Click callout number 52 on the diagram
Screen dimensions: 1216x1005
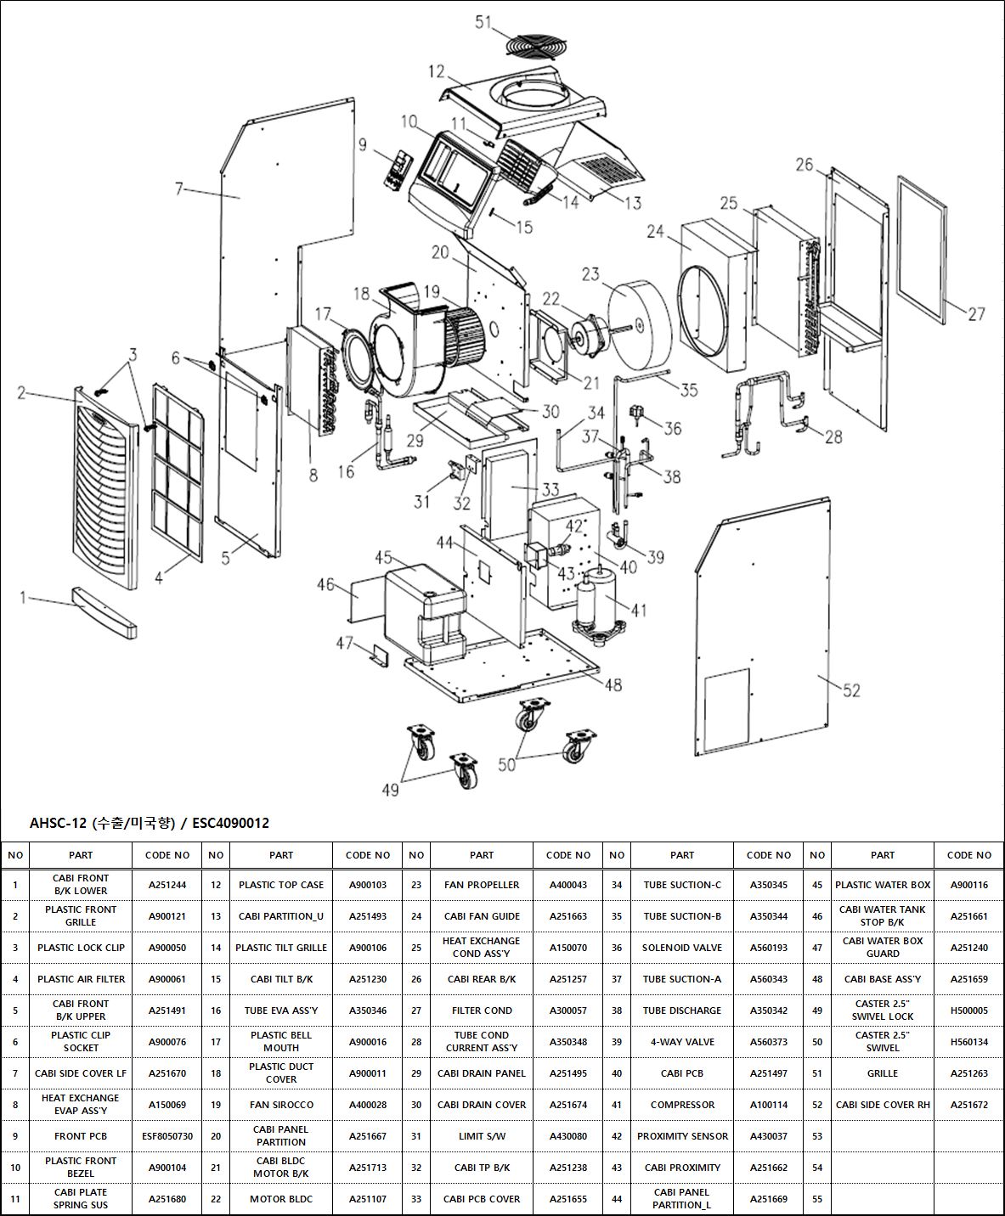[851, 690]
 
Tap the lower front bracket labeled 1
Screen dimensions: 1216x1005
[104, 611]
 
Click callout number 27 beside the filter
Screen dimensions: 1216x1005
[976, 314]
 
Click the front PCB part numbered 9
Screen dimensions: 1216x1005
[397, 170]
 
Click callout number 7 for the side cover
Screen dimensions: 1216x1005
[178, 189]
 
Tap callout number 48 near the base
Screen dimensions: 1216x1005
[613, 684]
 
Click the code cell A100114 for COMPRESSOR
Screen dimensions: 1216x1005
[768, 1105]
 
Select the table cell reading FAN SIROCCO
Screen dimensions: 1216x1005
[281, 1105]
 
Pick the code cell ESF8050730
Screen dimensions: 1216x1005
[167, 1136]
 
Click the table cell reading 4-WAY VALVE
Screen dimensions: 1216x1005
[681, 1042]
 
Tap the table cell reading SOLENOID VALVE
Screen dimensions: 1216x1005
[681, 948]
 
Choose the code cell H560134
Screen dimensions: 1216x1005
[968, 1042]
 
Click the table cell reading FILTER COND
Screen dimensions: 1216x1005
[482, 1011]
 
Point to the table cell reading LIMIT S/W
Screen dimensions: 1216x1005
[482, 1136]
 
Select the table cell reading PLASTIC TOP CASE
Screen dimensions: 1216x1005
[281, 885]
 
